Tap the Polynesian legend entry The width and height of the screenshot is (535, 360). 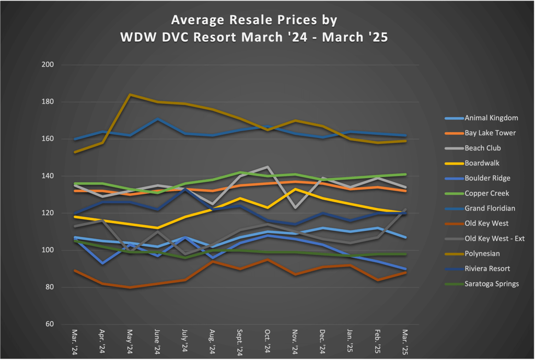coord(470,253)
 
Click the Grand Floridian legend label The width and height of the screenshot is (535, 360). coord(479,208)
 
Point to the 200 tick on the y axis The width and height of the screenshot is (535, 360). coord(51,65)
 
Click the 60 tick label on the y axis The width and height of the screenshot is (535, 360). coord(53,324)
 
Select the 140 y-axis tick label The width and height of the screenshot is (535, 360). coord(51,176)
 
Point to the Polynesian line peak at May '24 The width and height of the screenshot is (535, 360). coord(130,95)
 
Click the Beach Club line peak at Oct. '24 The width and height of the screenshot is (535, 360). coord(267,167)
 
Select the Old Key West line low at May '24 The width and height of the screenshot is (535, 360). coord(130,287)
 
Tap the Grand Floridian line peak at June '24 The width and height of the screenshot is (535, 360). coord(157,119)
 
